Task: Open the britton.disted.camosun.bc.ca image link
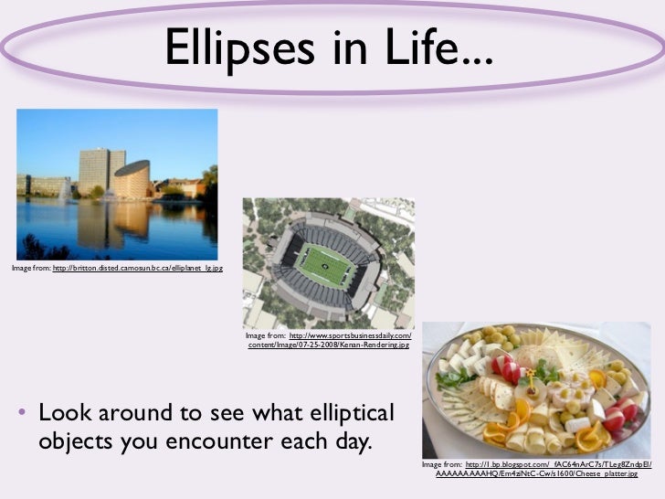tap(137, 268)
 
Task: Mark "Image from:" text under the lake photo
tap(31, 268)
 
